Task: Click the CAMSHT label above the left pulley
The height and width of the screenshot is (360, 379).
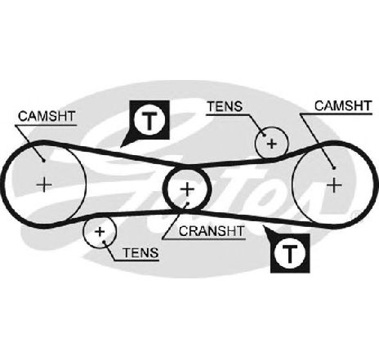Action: [47, 116]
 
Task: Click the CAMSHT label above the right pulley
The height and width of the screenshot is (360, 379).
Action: [343, 105]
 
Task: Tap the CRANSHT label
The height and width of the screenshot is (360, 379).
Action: [212, 231]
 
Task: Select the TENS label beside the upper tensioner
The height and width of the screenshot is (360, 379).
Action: [225, 106]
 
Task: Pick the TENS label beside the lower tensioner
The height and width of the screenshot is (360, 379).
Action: [140, 253]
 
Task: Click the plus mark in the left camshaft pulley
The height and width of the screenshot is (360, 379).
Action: [44, 185]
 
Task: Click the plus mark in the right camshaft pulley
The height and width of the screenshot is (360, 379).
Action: [334, 185]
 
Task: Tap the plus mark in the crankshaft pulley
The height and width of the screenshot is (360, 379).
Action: [187, 189]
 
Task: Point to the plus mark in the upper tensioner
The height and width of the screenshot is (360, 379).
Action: [272, 144]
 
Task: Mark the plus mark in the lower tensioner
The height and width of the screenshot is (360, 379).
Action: [100, 232]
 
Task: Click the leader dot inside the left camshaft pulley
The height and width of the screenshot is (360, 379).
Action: [43, 161]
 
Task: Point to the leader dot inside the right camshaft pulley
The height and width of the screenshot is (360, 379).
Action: [334, 168]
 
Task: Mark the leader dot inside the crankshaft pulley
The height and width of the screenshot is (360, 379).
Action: [187, 202]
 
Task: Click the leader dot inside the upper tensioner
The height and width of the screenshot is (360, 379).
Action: [264, 135]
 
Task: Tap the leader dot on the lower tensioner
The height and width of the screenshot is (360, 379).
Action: [105, 241]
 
